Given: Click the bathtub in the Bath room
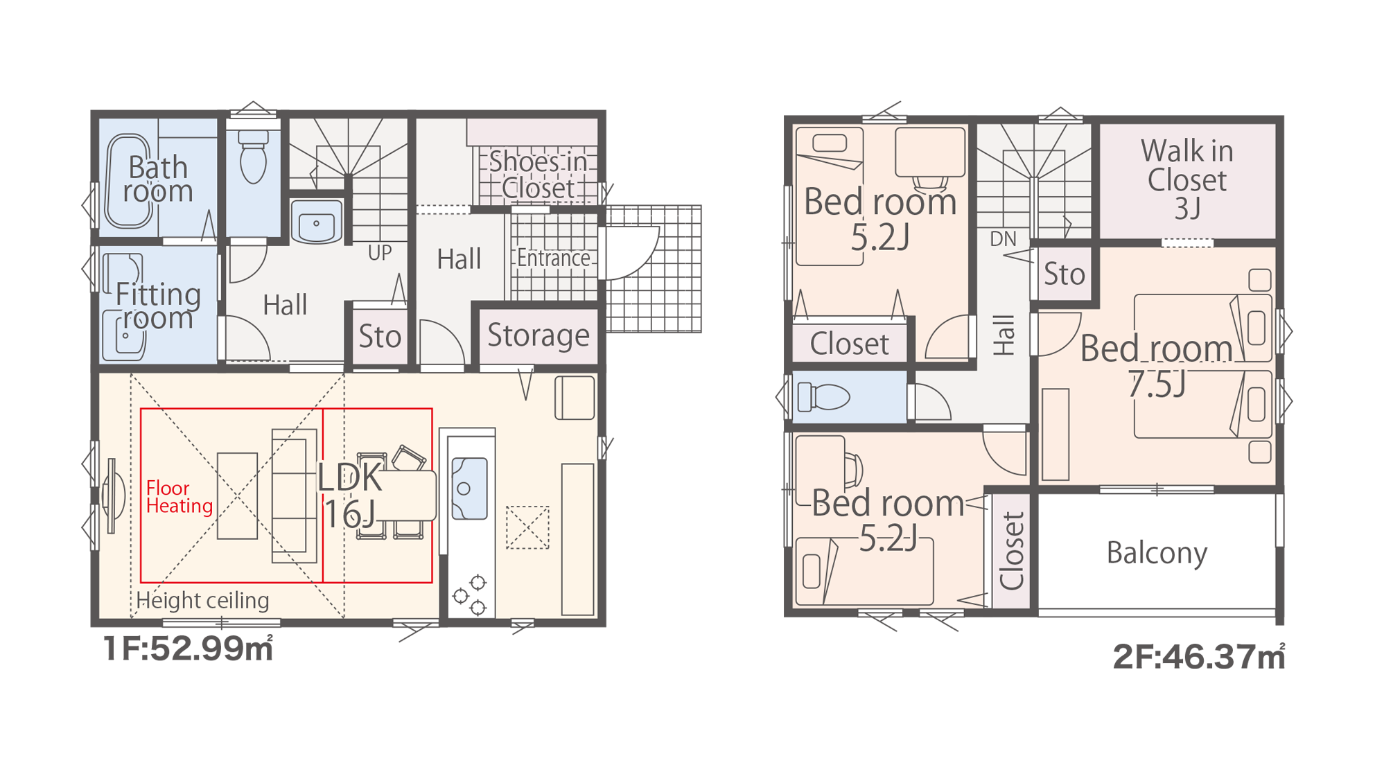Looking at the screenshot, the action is (128, 180).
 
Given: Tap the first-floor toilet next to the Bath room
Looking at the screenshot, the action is (254, 157).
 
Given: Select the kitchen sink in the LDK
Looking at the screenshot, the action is (469, 488).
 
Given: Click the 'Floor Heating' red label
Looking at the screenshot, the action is (179, 497).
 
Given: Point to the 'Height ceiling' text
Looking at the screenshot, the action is (202, 600).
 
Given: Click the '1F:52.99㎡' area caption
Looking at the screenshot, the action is (188, 649).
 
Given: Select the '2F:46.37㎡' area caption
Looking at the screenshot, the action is (1199, 657).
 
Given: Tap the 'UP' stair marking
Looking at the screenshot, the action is (380, 253).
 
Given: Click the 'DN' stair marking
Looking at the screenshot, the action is (1003, 239).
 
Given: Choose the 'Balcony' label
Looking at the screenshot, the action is (1157, 553).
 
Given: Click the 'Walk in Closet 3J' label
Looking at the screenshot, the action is (1187, 179).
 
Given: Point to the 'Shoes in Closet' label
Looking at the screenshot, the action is (538, 175).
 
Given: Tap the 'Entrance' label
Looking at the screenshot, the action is (553, 258).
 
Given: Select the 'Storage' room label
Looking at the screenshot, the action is (538, 335).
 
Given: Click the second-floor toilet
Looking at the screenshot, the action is (823, 398).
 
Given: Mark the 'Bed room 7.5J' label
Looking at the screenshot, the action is (1157, 366).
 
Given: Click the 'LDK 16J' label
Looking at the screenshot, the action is (350, 495).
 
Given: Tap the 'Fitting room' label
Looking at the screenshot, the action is (158, 306).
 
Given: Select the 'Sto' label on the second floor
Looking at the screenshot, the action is (1064, 274).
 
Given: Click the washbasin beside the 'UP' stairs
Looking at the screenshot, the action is (317, 221).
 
